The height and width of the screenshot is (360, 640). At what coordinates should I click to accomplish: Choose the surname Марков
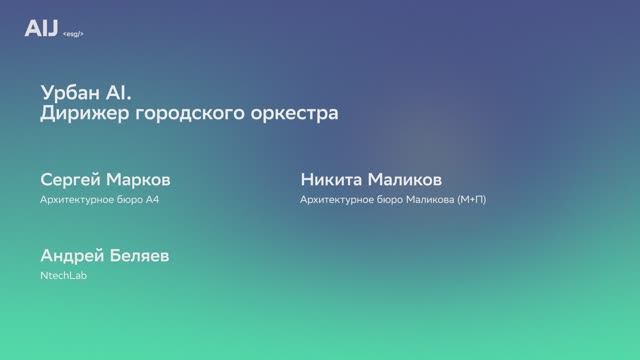(137, 180)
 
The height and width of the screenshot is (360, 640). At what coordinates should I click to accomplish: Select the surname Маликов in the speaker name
(405, 180)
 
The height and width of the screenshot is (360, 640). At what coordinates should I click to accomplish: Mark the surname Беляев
(138, 256)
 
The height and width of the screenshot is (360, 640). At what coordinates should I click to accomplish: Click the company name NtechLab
(63, 275)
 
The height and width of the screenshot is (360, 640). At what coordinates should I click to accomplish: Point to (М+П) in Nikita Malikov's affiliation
(471, 199)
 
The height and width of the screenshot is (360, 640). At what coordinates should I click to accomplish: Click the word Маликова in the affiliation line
(427, 199)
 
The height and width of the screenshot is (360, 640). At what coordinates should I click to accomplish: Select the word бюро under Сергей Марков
(128, 199)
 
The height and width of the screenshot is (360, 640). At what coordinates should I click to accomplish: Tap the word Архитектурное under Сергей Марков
(76, 199)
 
